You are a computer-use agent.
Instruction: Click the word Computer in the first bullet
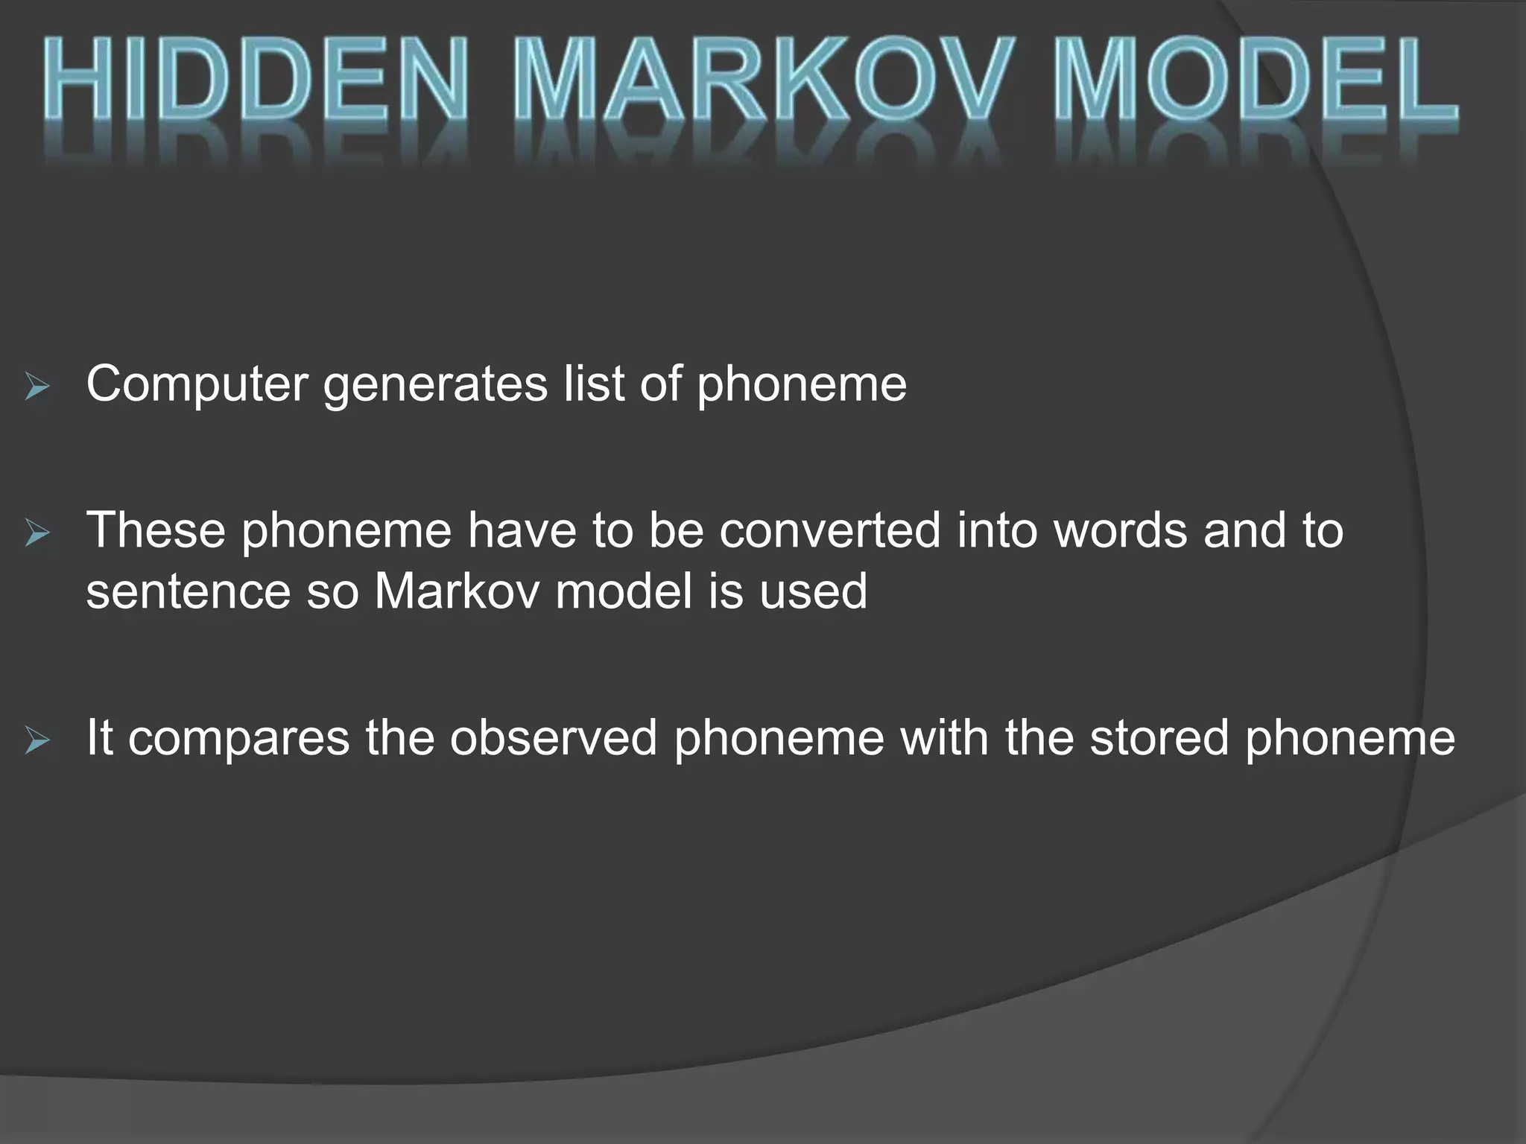coord(197,384)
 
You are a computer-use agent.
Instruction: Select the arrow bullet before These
coord(37,533)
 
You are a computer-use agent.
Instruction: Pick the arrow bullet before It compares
coord(37,740)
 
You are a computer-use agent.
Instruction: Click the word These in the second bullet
coord(156,530)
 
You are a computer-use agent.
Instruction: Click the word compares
coord(238,739)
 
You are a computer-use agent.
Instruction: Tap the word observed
coord(554,737)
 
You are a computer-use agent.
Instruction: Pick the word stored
coord(1159,737)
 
